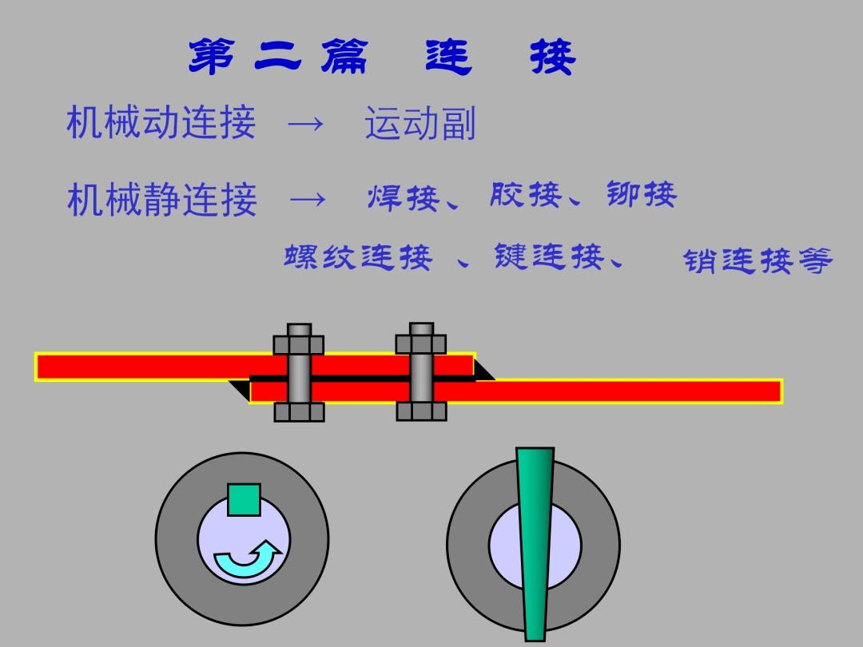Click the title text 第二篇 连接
point(382,57)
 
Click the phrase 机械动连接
point(161,123)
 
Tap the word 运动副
point(420,125)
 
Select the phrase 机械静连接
point(162,199)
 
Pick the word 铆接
point(641,194)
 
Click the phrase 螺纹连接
point(358,257)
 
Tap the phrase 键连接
point(548,256)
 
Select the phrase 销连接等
point(758,261)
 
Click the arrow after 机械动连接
point(305,125)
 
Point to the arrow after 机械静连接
point(308,200)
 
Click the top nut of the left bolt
point(299,345)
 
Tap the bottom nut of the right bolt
point(421,411)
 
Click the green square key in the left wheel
point(244,500)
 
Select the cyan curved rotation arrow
point(247,559)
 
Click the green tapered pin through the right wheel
point(535,543)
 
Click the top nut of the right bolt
point(421,344)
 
